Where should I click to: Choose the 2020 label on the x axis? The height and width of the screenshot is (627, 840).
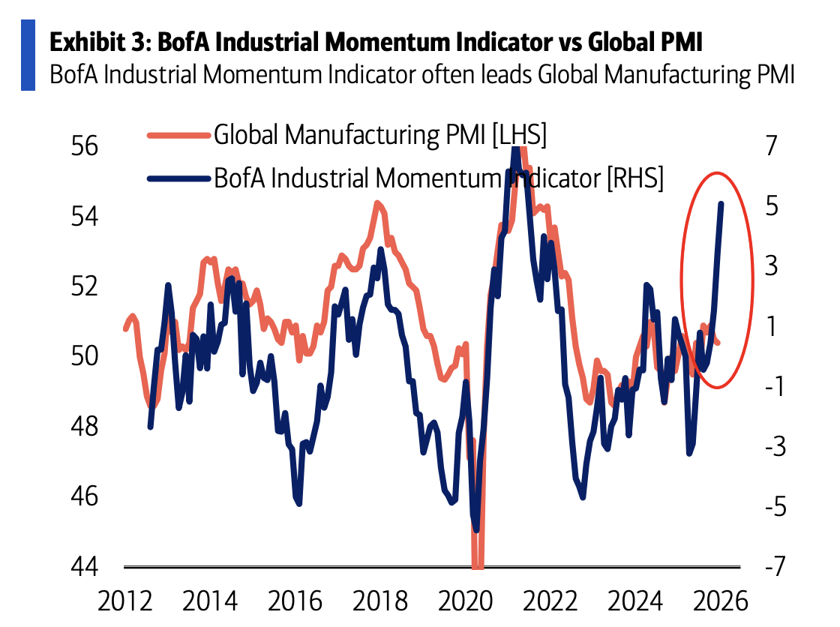463,601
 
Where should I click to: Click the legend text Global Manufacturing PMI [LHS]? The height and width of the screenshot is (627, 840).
380,136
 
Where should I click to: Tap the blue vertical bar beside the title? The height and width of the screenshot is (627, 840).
28,55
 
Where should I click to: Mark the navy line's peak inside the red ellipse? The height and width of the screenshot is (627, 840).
721,204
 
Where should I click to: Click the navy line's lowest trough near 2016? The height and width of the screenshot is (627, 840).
298,503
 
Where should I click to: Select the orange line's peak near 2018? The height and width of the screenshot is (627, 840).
377,202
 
